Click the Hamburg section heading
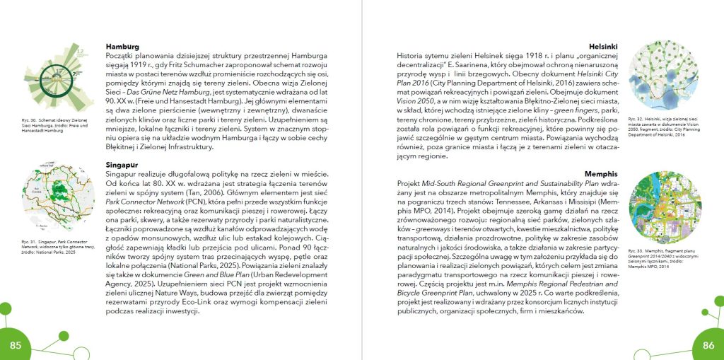(122, 47)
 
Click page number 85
(16, 344)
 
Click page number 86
(708, 344)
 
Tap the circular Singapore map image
(57, 202)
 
